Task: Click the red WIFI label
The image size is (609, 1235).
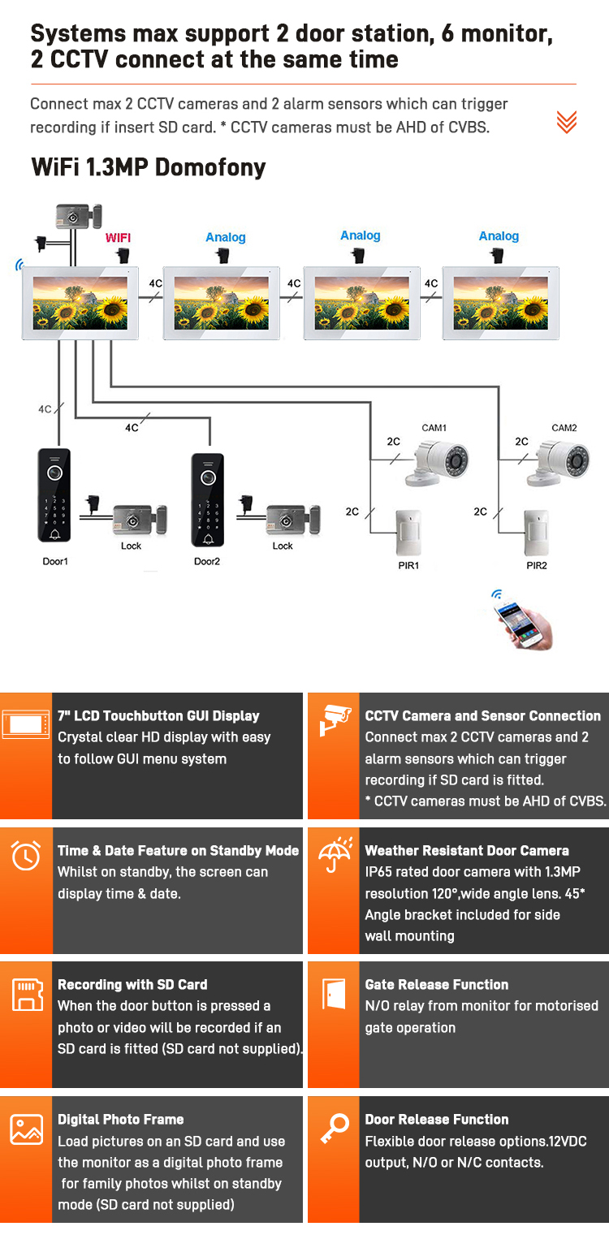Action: [118, 238]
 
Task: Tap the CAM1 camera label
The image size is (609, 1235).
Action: [434, 428]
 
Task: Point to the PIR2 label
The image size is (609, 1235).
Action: [536, 565]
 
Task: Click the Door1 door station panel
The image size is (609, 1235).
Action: [54, 495]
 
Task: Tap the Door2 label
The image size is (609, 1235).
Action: [207, 561]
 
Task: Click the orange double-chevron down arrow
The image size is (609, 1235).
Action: [566, 122]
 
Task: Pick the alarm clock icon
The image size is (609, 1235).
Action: [26, 856]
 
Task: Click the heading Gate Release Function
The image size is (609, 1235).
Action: [437, 985]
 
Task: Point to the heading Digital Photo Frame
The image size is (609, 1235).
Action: [120, 1120]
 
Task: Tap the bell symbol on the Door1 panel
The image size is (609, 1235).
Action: [54, 533]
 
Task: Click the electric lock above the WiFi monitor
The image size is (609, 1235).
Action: [78, 216]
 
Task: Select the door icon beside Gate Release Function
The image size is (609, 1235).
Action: [334, 993]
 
